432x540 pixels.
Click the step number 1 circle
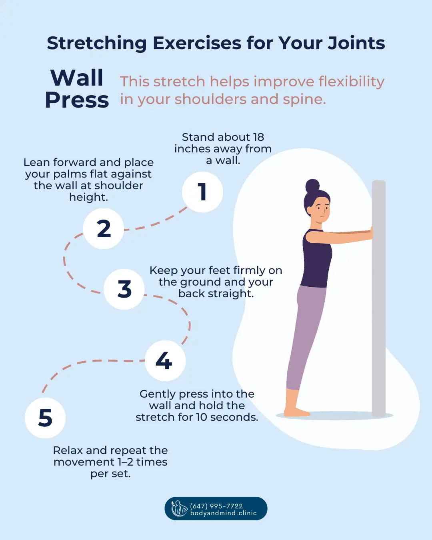pos(202,192)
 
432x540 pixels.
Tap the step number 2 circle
pos(104,229)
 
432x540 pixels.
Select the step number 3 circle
pos(124,289)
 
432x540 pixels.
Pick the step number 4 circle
pos(164,360)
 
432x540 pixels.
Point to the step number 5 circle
pos(45,418)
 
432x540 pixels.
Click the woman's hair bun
pos(312,186)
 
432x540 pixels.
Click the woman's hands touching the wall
pos(371,233)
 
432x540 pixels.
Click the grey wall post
pos(378,300)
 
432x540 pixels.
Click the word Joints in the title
pos(356,43)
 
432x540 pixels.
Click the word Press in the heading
pos(77,100)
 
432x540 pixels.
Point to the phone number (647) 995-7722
pos(216,506)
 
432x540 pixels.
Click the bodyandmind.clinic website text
pos(223,513)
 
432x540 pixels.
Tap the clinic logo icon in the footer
pos(179,508)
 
